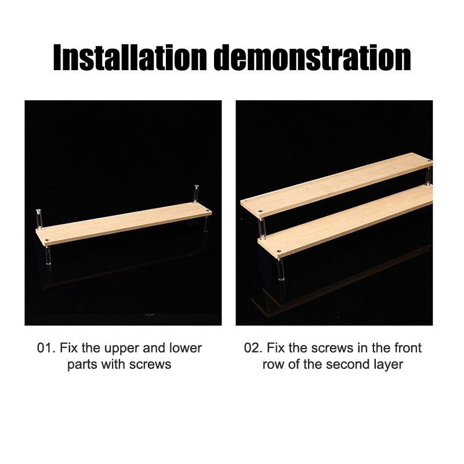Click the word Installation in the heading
[129, 57]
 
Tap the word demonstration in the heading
[312, 57]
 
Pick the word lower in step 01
[186, 349]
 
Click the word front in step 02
[408, 349]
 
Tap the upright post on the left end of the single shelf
[39, 219]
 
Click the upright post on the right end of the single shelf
[196, 194]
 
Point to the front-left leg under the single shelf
[48, 255]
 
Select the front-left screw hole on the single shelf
[46, 238]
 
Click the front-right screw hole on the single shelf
[208, 211]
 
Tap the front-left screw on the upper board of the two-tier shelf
[260, 211]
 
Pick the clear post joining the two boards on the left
[262, 228]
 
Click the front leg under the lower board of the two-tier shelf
[281, 269]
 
